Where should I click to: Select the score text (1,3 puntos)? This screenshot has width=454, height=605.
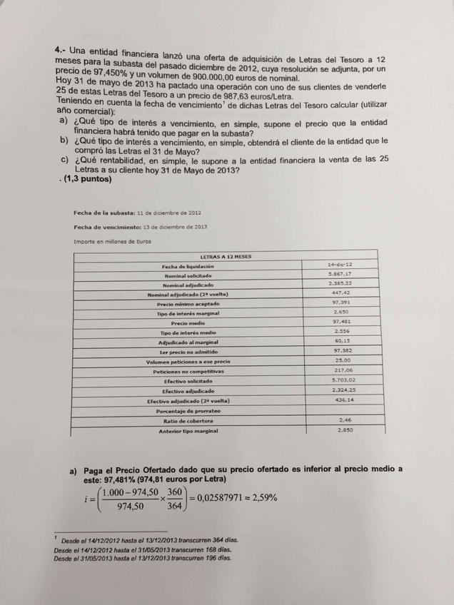click(x=87, y=180)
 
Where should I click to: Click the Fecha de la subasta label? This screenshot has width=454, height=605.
click(x=100, y=213)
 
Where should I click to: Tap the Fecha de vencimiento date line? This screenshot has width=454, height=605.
click(x=140, y=227)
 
